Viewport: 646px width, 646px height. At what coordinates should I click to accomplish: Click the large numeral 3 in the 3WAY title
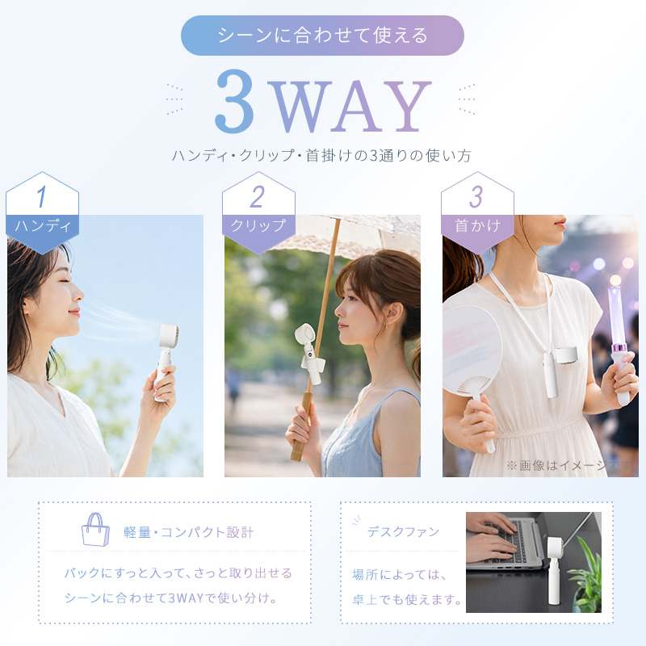pyautogui.click(x=234, y=101)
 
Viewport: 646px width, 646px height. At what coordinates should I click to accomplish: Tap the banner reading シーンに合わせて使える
pyautogui.click(x=322, y=36)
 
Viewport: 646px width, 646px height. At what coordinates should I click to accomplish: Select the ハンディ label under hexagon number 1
pyautogui.click(x=43, y=226)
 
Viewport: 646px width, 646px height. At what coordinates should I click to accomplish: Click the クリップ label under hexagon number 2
pyautogui.click(x=258, y=225)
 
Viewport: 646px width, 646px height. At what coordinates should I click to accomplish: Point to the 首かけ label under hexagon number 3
pyautogui.click(x=477, y=226)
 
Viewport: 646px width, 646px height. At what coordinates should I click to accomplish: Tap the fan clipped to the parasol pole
pyautogui.click(x=309, y=353)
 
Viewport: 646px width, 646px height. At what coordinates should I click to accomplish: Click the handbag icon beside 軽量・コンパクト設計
pyautogui.click(x=95, y=530)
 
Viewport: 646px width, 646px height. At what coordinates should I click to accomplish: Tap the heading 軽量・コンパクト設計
pyautogui.click(x=188, y=532)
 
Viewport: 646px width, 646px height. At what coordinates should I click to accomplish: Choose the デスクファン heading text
pyautogui.click(x=403, y=532)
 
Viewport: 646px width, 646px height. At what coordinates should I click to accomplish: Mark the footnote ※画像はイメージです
pyautogui.click(x=569, y=466)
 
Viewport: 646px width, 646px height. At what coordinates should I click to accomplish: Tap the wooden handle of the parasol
pyautogui.click(x=302, y=426)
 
